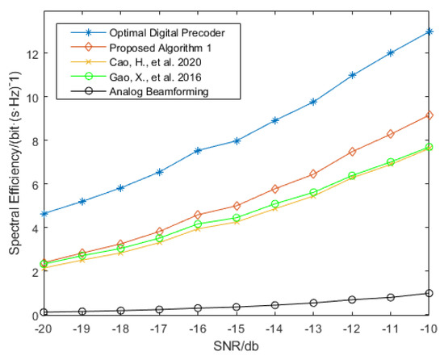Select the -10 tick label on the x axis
click(429, 330)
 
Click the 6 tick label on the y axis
click(31, 184)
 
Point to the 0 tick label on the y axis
click(31, 316)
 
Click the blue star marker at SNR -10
click(429, 31)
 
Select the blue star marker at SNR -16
click(198, 150)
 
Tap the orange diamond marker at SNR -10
click(429, 115)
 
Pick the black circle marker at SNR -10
click(429, 294)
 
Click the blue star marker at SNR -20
click(44, 214)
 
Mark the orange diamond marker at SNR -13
click(313, 174)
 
